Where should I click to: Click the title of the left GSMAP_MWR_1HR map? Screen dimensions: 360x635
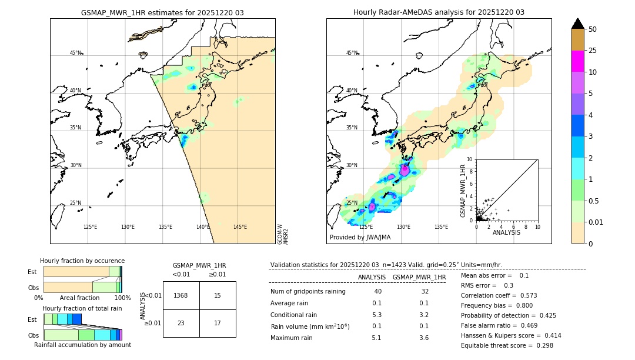[x=162, y=12]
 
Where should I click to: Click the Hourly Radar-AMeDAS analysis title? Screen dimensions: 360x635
[x=439, y=12]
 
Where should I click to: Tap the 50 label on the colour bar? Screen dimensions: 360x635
[x=593, y=29]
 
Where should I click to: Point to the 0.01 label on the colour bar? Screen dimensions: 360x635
[x=596, y=222]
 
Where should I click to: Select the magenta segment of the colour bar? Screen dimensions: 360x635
[x=578, y=61]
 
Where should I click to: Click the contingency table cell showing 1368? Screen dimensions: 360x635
[x=181, y=295]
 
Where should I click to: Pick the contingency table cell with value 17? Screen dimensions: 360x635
[x=218, y=323]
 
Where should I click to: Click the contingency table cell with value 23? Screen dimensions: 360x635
[x=181, y=323]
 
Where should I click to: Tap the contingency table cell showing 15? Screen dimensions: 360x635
[x=218, y=295]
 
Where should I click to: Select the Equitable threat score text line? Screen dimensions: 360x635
[x=507, y=345]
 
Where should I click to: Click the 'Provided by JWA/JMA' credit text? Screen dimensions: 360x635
[x=360, y=238]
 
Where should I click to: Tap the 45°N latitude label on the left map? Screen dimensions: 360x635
[x=75, y=53]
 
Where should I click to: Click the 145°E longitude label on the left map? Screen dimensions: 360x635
[x=240, y=227]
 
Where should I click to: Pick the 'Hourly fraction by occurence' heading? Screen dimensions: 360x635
[x=82, y=261]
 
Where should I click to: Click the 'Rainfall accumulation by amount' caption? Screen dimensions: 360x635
[x=82, y=345]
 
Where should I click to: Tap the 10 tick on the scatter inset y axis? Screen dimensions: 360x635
[x=470, y=159]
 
